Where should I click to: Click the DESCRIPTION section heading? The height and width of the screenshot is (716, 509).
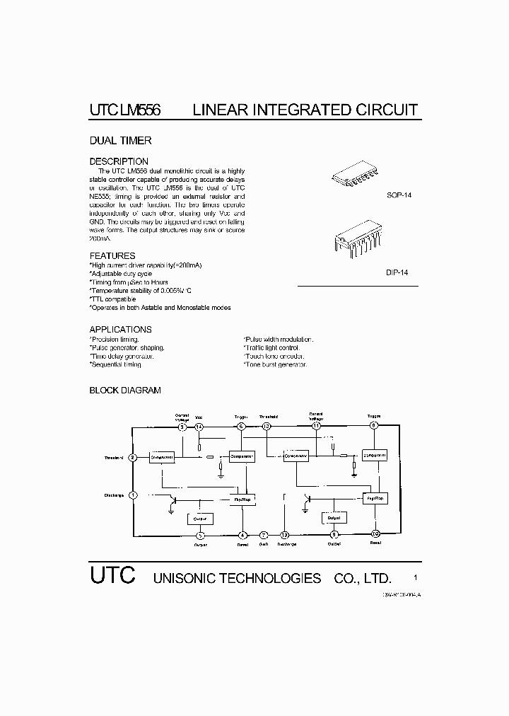click(x=119, y=161)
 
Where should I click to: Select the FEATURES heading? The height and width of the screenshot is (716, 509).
click(x=112, y=255)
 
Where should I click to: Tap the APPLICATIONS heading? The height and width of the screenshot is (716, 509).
click(x=120, y=330)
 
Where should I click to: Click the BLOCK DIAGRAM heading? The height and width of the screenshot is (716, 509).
click(x=125, y=391)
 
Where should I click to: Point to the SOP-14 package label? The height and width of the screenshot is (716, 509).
click(x=398, y=195)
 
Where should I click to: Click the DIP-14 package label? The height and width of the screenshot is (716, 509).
click(x=397, y=272)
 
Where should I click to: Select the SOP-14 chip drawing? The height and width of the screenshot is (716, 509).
click(x=357, y=178)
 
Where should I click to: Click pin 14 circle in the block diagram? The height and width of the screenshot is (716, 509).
click(x=199, y=427)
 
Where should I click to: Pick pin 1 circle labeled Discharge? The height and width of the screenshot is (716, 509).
click(x=132, y=495)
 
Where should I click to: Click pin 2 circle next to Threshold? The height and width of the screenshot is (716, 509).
click(x=132, y=457)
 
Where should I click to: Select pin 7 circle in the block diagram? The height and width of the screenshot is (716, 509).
click(x=264, y=535)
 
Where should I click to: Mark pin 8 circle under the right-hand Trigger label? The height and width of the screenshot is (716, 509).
click(x=374, y=426)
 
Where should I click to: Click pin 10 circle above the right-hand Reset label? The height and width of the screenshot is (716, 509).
click(x=375, y=534)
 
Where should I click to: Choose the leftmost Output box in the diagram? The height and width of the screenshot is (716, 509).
click(x=200, y=519)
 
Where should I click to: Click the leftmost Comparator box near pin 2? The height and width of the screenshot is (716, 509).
click(x=162, y=457)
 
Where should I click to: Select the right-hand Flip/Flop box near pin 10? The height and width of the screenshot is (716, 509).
click(x=375, y=498)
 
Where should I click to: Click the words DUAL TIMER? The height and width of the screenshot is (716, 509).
click(x=120, y=141)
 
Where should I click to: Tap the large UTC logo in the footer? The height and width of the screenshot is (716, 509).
click(x=112, y=574)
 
